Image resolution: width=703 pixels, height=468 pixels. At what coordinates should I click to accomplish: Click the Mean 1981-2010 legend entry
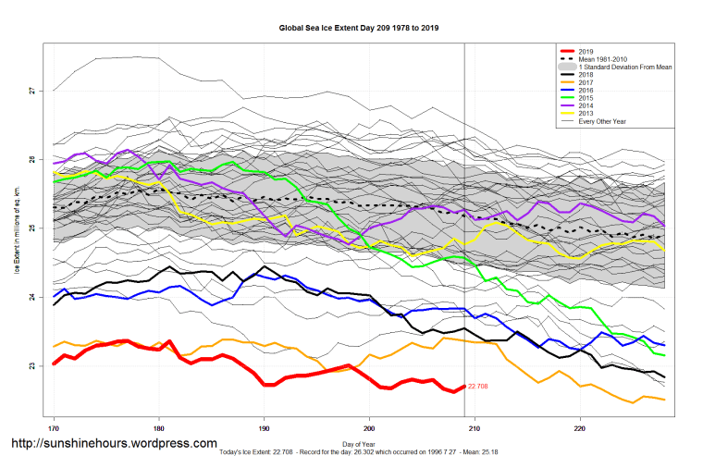coord(603,59)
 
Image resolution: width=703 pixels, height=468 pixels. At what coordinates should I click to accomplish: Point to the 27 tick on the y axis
coord(31,90)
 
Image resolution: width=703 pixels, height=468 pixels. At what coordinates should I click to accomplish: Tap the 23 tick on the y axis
coord(31,366)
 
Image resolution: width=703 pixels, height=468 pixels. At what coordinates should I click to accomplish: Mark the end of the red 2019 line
coord(463,387)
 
